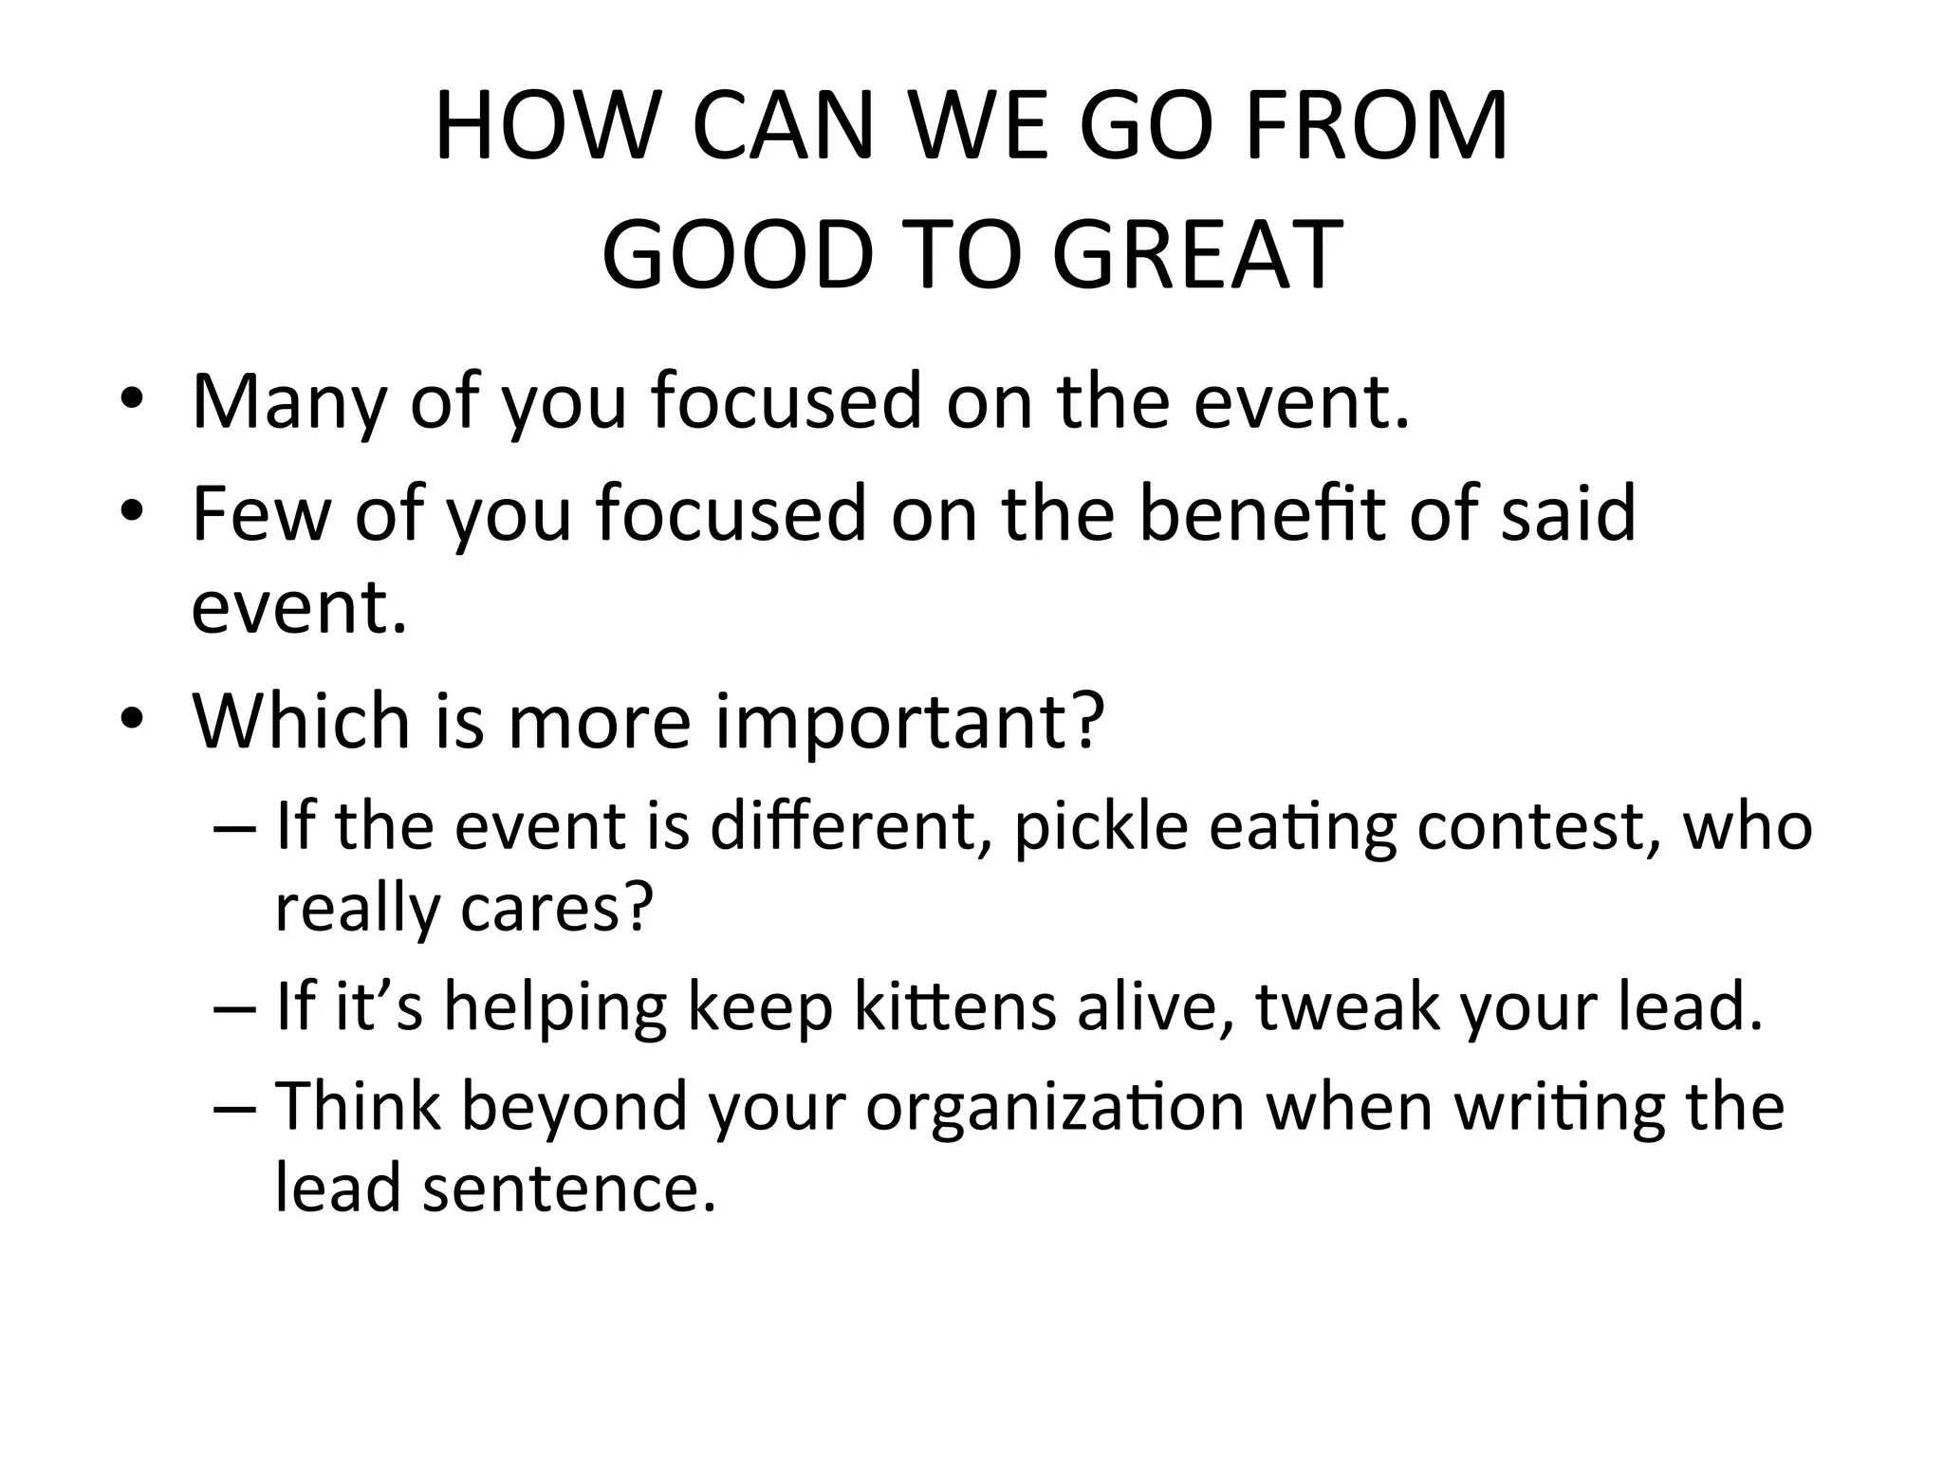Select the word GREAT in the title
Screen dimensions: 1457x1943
1197,255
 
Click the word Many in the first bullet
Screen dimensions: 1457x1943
288,402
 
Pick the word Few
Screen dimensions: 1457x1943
260,514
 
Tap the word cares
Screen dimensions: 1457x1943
557,908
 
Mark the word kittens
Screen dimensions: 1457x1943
954,1007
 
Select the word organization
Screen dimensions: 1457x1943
1055,1107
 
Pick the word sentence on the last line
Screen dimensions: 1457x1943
568,1188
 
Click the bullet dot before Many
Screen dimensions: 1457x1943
132,402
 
